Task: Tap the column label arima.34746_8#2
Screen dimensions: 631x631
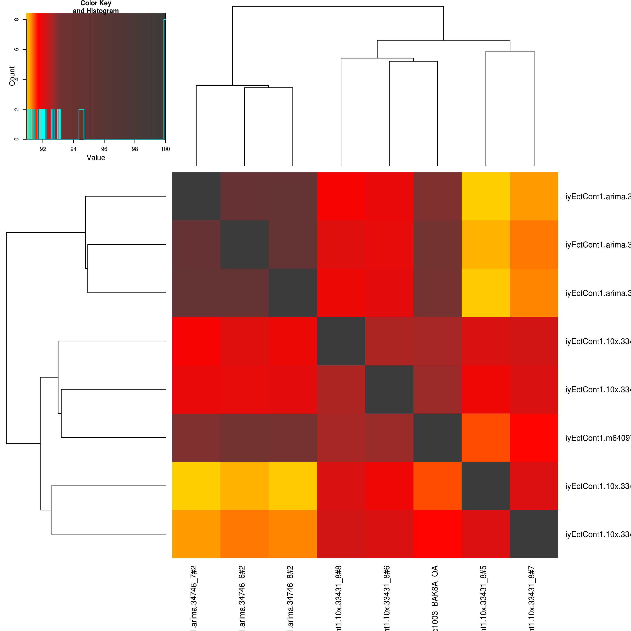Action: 290,598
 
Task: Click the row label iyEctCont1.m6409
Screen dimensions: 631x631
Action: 598,438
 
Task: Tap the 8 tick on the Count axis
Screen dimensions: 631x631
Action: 17,19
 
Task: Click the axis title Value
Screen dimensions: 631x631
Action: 96,158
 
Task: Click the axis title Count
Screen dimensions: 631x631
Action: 12,76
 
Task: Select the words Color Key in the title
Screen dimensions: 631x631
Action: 96,3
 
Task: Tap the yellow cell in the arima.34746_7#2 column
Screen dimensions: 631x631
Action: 196,486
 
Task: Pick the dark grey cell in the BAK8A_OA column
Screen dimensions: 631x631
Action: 437,437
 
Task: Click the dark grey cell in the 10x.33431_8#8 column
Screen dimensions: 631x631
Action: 341,341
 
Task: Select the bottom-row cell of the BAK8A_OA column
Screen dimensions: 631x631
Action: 437,534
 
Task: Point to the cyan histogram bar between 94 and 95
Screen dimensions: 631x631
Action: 81,124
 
